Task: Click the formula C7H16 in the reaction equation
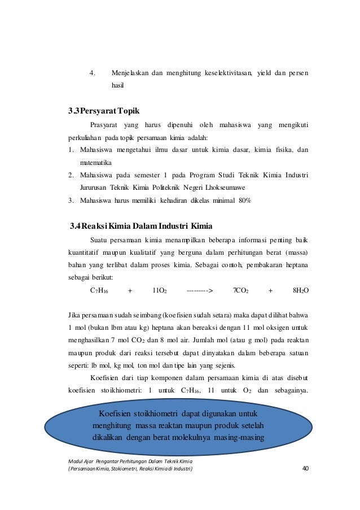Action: coord(99,291)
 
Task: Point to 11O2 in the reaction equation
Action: coord(159,291)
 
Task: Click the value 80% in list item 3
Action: coord(244,200)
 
